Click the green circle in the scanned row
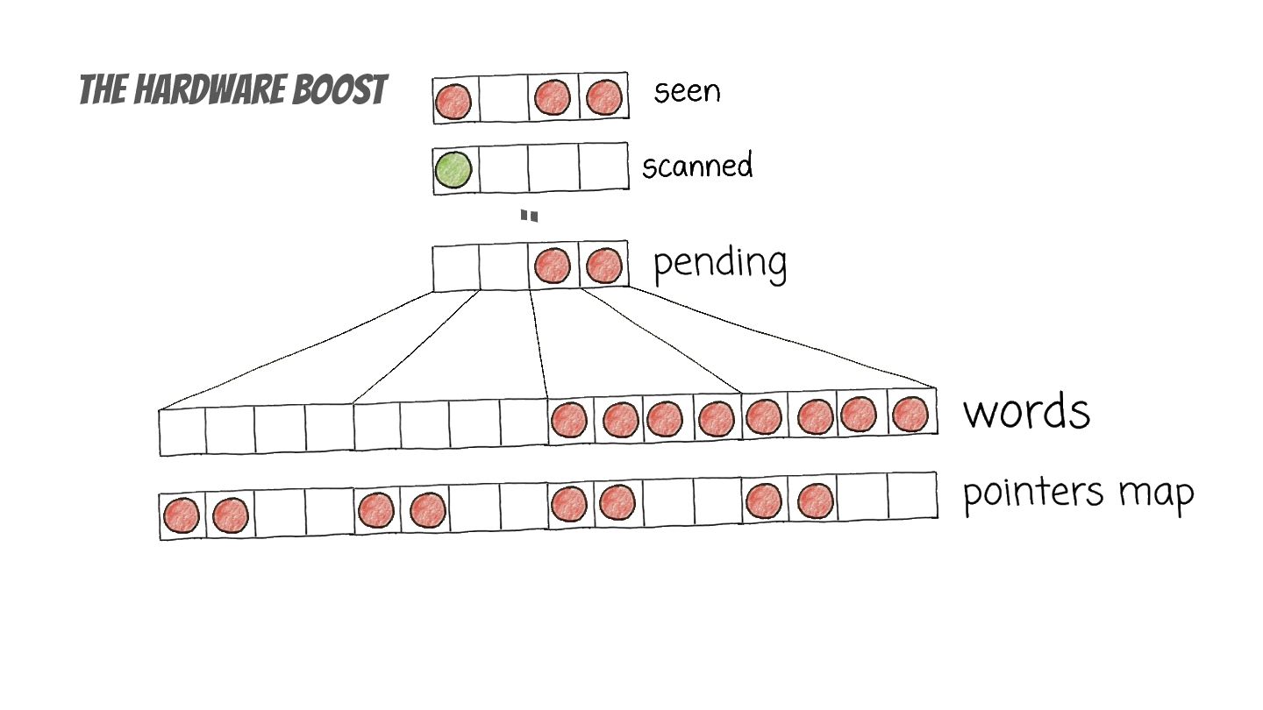(453, 169)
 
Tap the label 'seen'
(686, 91)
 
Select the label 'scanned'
(696, 166)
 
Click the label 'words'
(1026, 411)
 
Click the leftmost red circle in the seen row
(453, 101)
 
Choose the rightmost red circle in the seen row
(603, 97)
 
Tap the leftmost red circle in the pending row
(553, 265)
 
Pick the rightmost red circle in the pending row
(603, 264)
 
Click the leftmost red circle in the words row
(569, 420)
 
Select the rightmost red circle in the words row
(910, 413)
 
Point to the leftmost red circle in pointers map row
(181, 515)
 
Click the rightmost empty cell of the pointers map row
(911, 497)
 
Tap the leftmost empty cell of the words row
(182, 431)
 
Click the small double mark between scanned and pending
(529, 216)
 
